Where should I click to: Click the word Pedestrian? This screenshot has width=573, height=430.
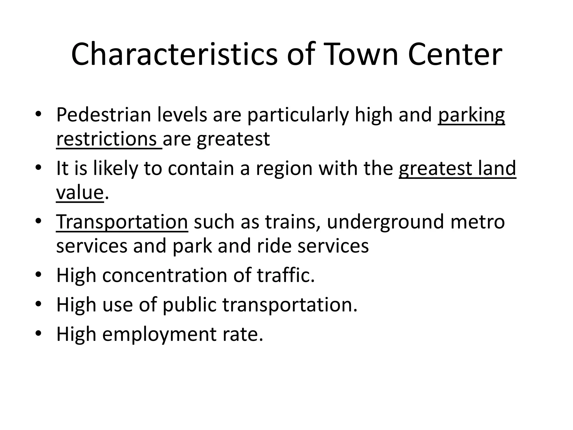(x=104, y=115)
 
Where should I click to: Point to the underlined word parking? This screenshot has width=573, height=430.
(x=471, y=115)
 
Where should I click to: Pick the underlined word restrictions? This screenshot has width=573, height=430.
(x=106, y=139)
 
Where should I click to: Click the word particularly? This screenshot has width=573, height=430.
(x=298, y=115)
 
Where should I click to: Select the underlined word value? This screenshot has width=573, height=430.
(x=80, y=193)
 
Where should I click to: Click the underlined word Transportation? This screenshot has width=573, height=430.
(x=122, y=221)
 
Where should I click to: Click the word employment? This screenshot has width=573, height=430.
(x=159, y=334)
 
